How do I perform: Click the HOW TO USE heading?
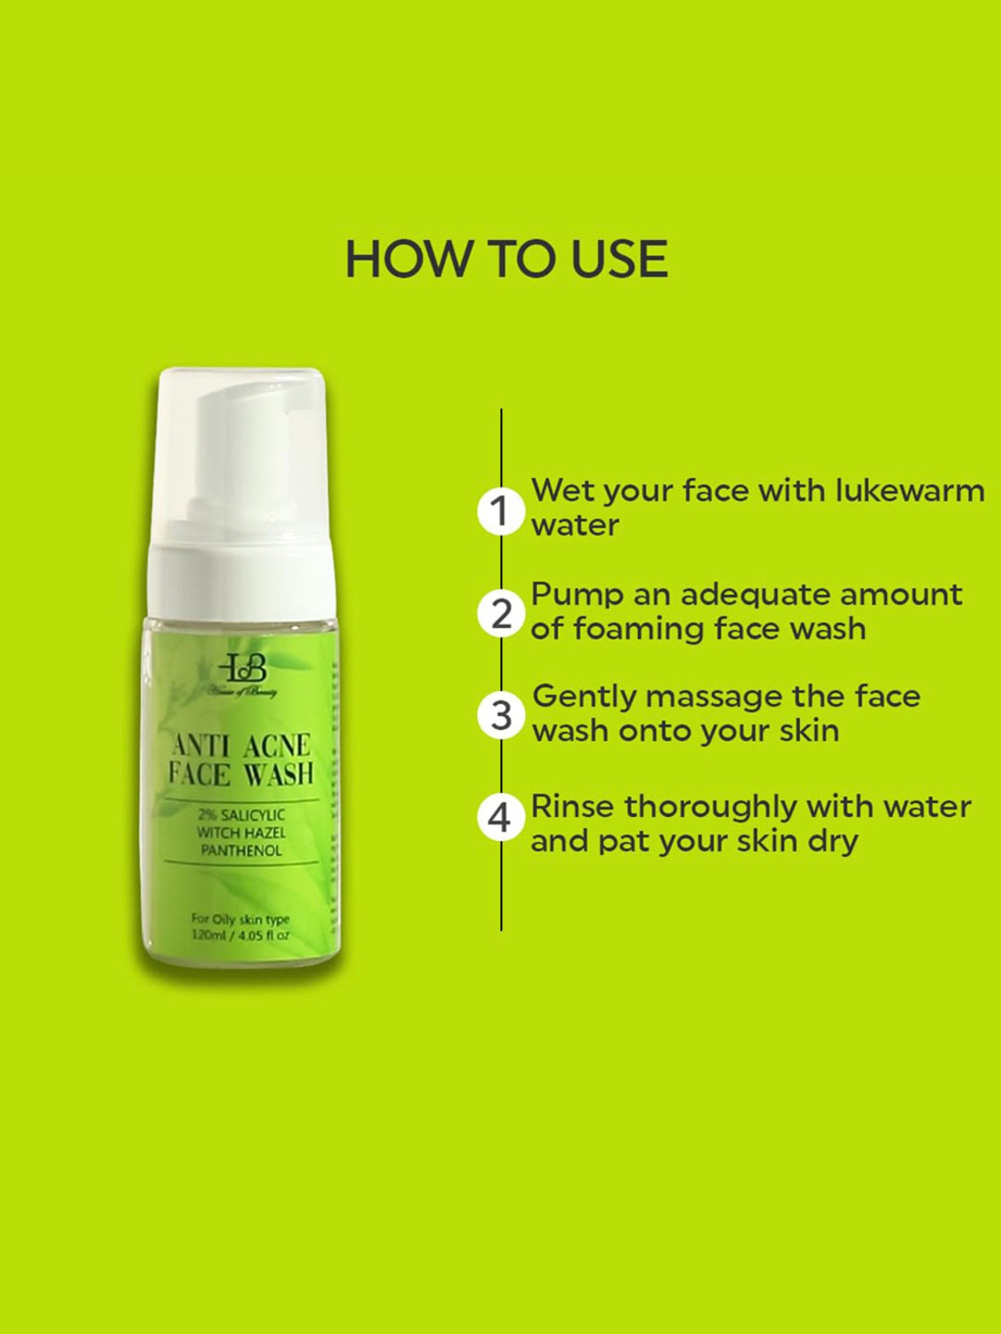click(x=506, y=259)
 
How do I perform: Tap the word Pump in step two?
click(x=577, y=595)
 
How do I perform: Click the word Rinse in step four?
click(x=572, y=807)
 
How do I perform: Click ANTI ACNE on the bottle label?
click(x=241, y=746)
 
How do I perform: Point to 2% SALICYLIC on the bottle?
click(x=241, y=815)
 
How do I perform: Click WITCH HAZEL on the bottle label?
click(x=241, y=832)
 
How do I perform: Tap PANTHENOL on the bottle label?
click(x=241, y=850)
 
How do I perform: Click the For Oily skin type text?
click(x=240, y=919)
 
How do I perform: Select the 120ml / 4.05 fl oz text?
click(x=240, y=935)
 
